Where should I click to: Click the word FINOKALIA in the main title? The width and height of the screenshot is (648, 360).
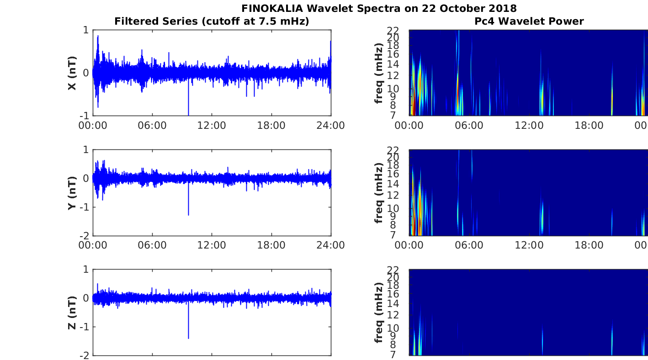tap(272, 8)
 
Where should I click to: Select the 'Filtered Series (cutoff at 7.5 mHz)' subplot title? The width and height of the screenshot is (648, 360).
tap(212, 21)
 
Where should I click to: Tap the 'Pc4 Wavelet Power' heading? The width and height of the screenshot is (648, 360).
tap(529, 21)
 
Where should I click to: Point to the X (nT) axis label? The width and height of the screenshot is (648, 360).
tap(72, 73)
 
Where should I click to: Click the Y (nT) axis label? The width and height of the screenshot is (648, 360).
tap(72, 193)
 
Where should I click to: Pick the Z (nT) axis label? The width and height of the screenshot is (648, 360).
tap(72, 312)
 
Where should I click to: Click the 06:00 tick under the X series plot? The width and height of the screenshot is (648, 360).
tap(152, 126)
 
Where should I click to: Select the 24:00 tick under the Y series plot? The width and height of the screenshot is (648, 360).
tap(331, 245)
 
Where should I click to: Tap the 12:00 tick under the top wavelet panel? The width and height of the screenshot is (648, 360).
tap(529, 126)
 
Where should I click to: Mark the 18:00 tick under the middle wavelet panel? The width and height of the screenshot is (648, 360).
tap(589, 245)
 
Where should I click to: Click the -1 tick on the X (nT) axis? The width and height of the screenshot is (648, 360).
tap(85, 116)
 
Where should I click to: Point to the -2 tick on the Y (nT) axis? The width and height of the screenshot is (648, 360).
tap(85, 236)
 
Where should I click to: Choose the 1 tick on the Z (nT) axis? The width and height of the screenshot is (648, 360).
tap(86, 270)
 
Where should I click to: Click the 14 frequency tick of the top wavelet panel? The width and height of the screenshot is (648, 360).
tap(393, 64)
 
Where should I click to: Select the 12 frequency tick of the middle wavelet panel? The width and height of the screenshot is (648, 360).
tap(393, 195)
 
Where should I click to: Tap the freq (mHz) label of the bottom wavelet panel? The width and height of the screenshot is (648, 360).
tap(379, 312)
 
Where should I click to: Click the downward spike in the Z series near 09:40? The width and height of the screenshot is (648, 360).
tap(189, 320)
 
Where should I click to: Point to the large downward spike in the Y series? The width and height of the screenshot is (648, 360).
tap(189, 199)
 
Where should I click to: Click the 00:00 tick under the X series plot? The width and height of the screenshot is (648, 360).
tap(93, 126)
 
